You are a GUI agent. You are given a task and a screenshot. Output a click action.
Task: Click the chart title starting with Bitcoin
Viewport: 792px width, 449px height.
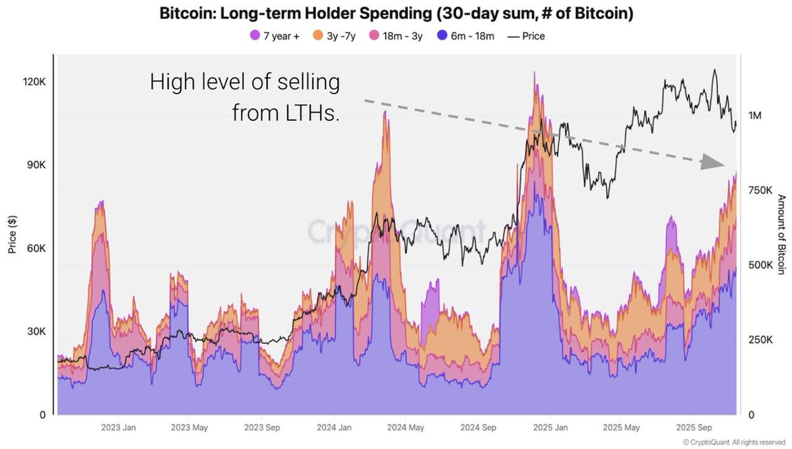point(396,14)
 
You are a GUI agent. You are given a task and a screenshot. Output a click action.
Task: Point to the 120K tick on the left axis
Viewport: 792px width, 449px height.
point(33,82)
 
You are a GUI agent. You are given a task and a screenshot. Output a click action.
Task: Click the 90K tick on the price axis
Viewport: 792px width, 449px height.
point(35,165)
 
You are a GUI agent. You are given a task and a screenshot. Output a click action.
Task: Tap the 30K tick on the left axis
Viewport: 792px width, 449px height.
point(35,331)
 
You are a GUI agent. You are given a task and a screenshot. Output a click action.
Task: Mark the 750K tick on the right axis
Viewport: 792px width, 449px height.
point(758,190)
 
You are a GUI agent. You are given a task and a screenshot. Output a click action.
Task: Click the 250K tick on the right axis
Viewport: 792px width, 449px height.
point(758,340)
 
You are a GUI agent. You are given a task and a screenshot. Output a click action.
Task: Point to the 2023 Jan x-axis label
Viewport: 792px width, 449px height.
point(119,427)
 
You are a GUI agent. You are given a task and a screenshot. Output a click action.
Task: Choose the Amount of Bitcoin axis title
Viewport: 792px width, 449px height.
point(781,234)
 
